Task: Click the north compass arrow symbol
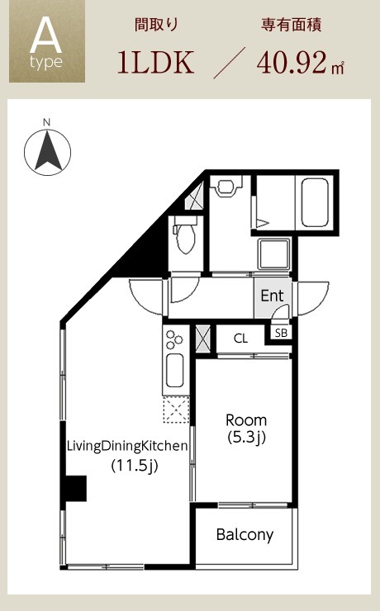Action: pos(48,152)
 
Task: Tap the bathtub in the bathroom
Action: pos(315,202)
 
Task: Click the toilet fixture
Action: pos(184,235)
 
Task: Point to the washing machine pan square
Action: pos(273,253)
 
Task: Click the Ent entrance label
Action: pos(272,296)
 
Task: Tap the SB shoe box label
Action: pos(281,333)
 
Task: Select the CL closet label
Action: pos(241,339)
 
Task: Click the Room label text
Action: pos(246,420)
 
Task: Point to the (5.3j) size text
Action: pos(246,438)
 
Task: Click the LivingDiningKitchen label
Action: pos(127,446)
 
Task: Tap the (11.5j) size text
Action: pos(135,465)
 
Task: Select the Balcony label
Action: pos(245,535)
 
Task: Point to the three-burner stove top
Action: pos(173,340)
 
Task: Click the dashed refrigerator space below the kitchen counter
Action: pos(176,410)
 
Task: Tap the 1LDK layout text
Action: pos(156,63)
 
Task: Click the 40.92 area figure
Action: pos(292,63)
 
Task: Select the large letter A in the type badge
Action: pos(46,35)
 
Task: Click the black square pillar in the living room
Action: pos(76,488)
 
